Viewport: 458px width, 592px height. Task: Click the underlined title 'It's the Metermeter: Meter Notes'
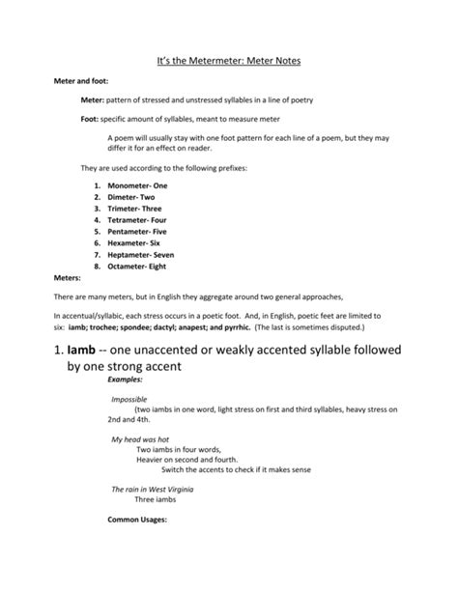pos(229,61)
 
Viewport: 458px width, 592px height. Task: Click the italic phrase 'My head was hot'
pos(133,439)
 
